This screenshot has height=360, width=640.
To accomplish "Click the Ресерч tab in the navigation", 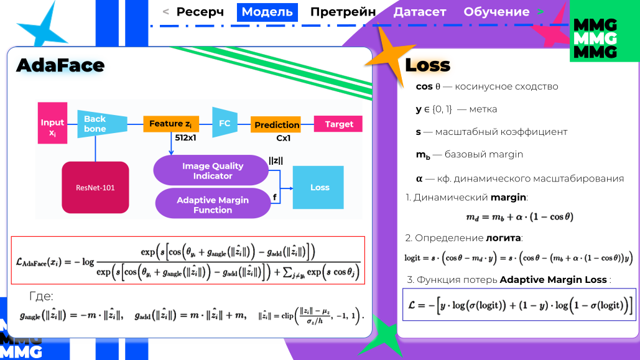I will pos(200,12).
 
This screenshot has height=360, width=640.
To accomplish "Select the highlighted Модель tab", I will pos(267,12).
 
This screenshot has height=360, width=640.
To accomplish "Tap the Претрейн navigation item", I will pos(343,12).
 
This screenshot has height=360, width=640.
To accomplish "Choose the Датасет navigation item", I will pos(420,12).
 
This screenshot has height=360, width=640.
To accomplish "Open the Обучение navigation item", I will pos(496,12).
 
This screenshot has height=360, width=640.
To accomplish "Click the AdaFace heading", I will pos(60,65).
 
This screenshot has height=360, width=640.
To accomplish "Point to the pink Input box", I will pos(52,127).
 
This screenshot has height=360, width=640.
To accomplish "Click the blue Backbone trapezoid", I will pos(96,124).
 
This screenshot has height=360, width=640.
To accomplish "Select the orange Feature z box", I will pos(174,124).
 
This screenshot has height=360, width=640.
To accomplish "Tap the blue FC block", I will pos(225,124).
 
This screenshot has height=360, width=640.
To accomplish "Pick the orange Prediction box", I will pos(276,125).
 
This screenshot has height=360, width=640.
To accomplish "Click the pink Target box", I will pos(338,124).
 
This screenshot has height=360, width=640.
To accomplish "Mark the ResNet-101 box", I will pos(95,187).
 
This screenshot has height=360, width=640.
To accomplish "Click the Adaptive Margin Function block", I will pos(213,205).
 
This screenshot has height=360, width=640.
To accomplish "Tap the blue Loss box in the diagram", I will pos(319,187).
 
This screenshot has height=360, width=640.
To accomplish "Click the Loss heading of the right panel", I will pos(427,65).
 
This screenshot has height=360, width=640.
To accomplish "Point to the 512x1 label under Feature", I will pos(187,137).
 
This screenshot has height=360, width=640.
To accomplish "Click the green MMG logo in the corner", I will pos(595,39).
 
